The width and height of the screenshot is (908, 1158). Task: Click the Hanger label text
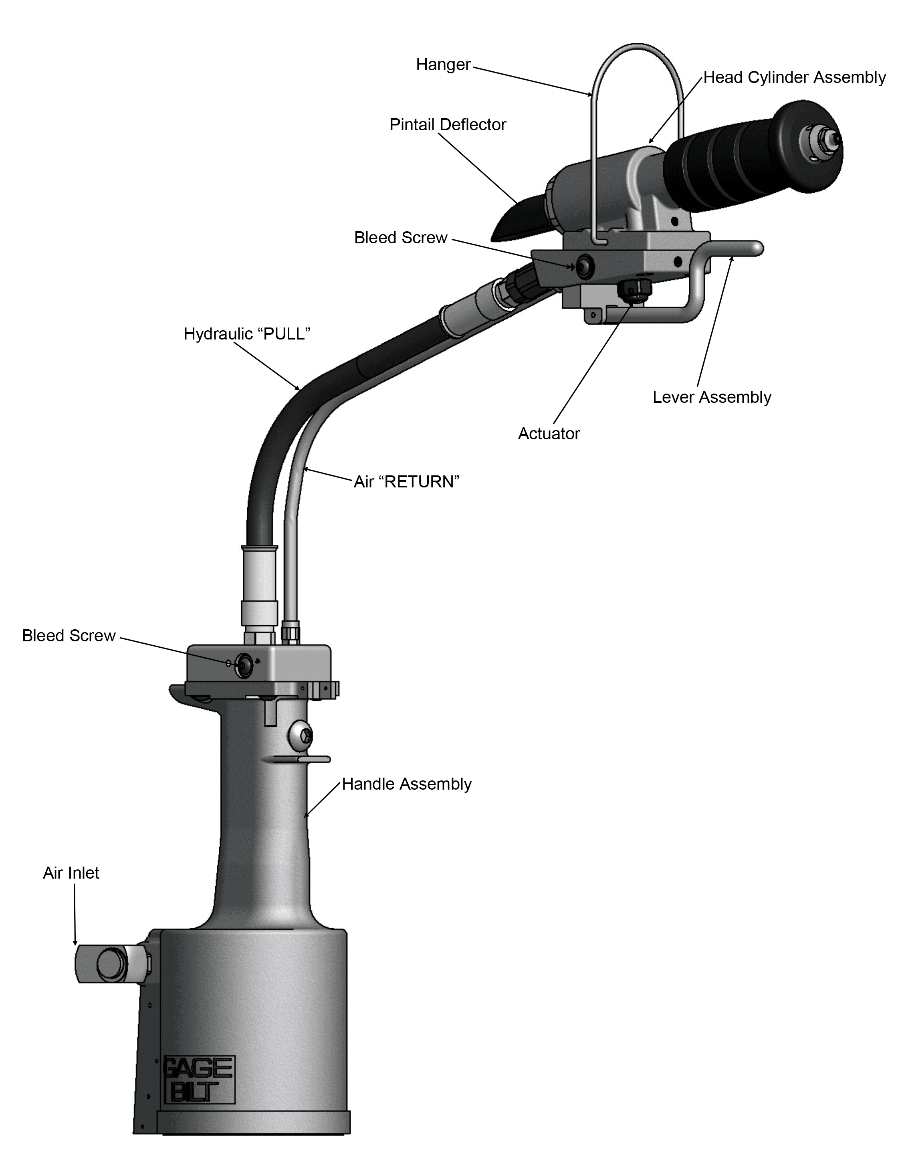pos(443,65)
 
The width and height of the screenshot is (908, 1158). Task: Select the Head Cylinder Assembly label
pos(794,78)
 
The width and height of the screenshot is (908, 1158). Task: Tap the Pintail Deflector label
pos(448,125)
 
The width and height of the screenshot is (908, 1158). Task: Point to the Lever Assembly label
pos(712,397)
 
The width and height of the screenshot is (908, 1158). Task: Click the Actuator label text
pos(549,434)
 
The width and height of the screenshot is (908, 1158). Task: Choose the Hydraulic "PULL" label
pos(247,334)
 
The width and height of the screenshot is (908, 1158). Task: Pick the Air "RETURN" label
pos(407,482)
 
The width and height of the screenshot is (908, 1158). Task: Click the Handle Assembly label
pos(407,784)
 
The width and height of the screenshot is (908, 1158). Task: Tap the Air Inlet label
pos(71,873)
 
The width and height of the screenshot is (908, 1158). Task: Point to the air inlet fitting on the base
pos(112,964)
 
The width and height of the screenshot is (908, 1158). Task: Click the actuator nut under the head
pos(632,292)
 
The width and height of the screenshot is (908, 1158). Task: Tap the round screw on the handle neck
pos(301,736)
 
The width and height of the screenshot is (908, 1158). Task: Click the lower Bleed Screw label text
pos(69,636)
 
